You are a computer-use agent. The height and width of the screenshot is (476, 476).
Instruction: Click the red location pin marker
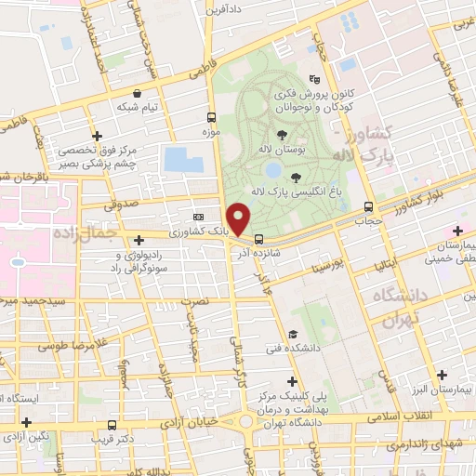point(239,219)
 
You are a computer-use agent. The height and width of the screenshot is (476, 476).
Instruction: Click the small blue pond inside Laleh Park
point(273,171)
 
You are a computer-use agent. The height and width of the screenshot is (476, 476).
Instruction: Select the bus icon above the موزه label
point(211,118)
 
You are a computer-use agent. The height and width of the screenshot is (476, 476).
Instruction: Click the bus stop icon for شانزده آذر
point(258,237)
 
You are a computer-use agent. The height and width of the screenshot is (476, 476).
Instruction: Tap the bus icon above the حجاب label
point(369,207)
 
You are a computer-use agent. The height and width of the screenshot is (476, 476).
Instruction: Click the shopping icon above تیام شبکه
point(138,93)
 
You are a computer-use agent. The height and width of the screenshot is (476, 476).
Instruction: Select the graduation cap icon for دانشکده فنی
point(292,334)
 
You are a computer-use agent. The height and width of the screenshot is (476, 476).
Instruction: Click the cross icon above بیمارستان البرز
point(441,375)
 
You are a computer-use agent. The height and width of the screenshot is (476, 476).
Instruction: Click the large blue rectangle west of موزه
point(183,159)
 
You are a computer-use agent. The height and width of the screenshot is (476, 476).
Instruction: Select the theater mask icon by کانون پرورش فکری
point(314,81)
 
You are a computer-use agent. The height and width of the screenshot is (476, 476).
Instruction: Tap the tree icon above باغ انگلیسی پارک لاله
point(296,178)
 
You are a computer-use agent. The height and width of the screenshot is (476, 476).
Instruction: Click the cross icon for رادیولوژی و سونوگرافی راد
point(139,240)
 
